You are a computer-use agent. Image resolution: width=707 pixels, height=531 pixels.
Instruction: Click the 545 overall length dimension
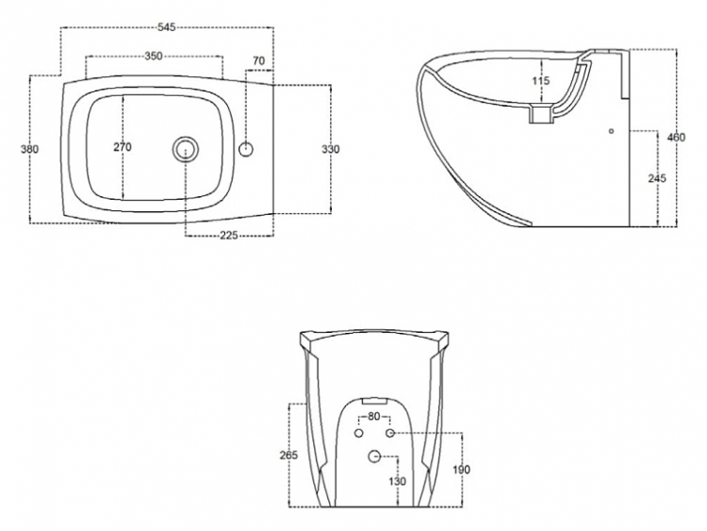166,27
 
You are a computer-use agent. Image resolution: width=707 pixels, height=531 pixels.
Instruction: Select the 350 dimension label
154,56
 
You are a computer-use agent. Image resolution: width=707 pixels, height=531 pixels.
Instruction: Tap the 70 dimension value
259,61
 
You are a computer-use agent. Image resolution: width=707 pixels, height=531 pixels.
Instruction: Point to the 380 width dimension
30,149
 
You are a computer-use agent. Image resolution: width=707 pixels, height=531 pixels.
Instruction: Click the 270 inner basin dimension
123,147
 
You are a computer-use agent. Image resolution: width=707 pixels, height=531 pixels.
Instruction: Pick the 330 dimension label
331,149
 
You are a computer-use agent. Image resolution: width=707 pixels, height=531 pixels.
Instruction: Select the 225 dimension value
229,235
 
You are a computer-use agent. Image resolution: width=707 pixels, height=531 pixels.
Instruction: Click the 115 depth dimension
541,81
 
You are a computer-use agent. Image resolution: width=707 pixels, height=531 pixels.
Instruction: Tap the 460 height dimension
676,137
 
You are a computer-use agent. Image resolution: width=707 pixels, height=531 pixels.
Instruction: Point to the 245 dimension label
657,178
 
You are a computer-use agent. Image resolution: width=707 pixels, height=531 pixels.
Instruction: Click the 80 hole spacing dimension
374,417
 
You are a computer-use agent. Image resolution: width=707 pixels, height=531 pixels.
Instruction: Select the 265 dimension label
288,456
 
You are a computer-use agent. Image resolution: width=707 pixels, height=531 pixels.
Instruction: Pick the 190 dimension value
461,470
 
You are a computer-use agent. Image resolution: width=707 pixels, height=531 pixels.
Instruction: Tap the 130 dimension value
397,481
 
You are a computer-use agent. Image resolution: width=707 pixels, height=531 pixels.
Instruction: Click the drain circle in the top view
186,149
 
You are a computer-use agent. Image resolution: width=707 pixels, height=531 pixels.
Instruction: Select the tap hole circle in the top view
246,149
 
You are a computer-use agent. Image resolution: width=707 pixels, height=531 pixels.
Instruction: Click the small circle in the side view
611,131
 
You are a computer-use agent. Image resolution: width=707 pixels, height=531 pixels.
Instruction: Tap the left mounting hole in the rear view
359,433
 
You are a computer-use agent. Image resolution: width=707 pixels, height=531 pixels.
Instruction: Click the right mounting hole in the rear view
390,433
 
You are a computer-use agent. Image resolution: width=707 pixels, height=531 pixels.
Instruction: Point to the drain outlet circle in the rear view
374,456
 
